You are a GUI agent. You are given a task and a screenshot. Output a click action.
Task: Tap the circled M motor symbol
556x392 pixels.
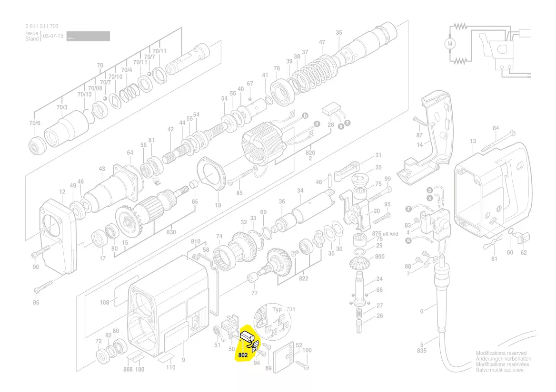450,43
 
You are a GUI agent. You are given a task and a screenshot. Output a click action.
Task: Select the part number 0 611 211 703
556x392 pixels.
42,26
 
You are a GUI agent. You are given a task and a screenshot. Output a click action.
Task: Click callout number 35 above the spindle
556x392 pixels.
339,33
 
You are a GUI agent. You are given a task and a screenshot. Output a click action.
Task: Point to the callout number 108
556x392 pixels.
105,302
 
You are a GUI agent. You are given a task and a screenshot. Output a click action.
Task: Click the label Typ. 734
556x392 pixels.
284,309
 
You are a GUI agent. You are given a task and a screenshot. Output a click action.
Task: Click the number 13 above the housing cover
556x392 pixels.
473,141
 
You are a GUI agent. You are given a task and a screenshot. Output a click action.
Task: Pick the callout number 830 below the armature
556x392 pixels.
171,232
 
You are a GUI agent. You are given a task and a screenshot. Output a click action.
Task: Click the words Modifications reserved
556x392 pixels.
501,354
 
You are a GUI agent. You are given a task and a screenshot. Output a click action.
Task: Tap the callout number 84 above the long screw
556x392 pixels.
496,128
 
